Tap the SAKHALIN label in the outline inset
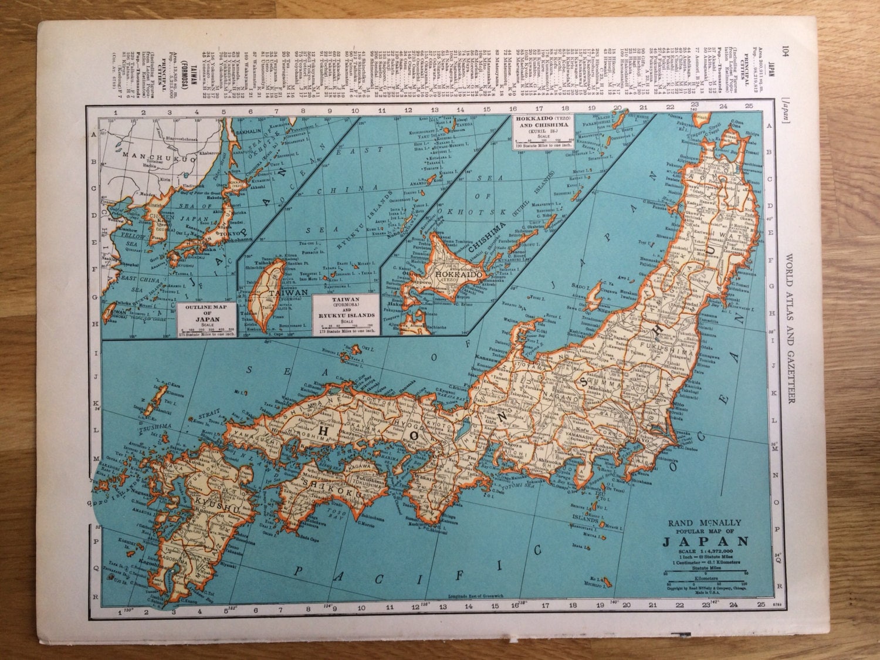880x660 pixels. point(247,133)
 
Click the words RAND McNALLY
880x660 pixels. point(705,523)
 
